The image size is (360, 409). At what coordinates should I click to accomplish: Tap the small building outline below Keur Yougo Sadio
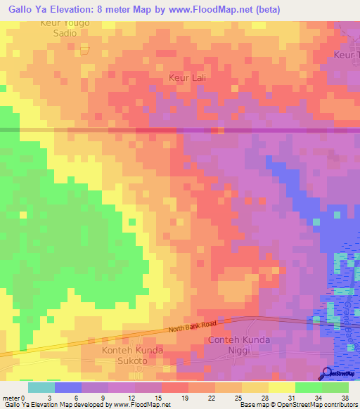tap(85, 49)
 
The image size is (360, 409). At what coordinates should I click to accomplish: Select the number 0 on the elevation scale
tap(22, 398)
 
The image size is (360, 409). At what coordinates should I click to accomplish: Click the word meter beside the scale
tap(10, 398)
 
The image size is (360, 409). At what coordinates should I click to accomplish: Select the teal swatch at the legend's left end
tap(41, 387)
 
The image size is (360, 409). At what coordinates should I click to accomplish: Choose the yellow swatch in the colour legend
tap(281, 387)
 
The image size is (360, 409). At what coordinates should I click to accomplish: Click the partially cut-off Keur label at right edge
tap(346, 55)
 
